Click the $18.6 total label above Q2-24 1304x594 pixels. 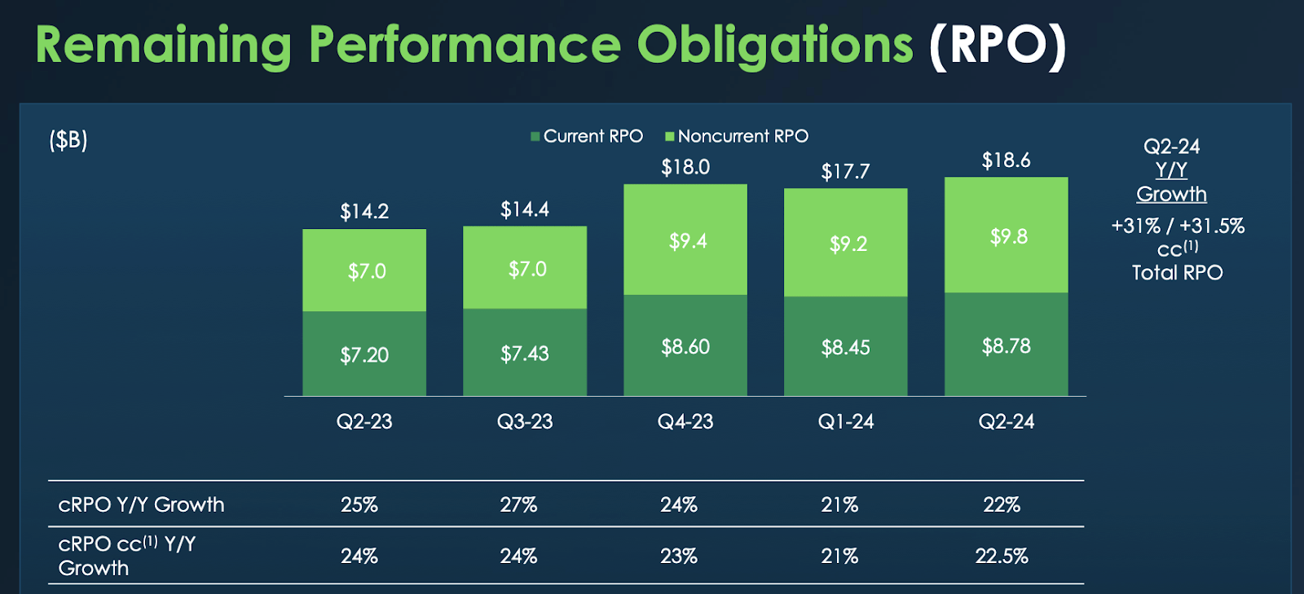(1006, 161)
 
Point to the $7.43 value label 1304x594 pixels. (525, 354)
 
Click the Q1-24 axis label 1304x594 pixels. (846, 421)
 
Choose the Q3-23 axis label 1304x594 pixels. (525, 421)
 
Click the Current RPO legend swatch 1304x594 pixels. (535, 137)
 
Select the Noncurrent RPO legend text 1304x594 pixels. (742, 136)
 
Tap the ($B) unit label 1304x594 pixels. (68, 140)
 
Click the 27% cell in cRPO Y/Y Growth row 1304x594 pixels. (518, 504)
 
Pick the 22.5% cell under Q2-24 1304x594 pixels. (1002, 556)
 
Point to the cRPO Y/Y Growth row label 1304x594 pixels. (141, 504)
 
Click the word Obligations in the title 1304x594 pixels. (774, 45)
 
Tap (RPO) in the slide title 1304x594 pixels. (998, 45)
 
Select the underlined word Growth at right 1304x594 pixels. (1171, 194)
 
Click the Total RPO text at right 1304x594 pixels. (1177, 272)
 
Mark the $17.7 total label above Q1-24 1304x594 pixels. (845, 172)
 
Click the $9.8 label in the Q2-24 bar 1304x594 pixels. (1008, 237)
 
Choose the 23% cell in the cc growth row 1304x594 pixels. (679, 556)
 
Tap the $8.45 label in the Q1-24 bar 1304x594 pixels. (845, 348)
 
